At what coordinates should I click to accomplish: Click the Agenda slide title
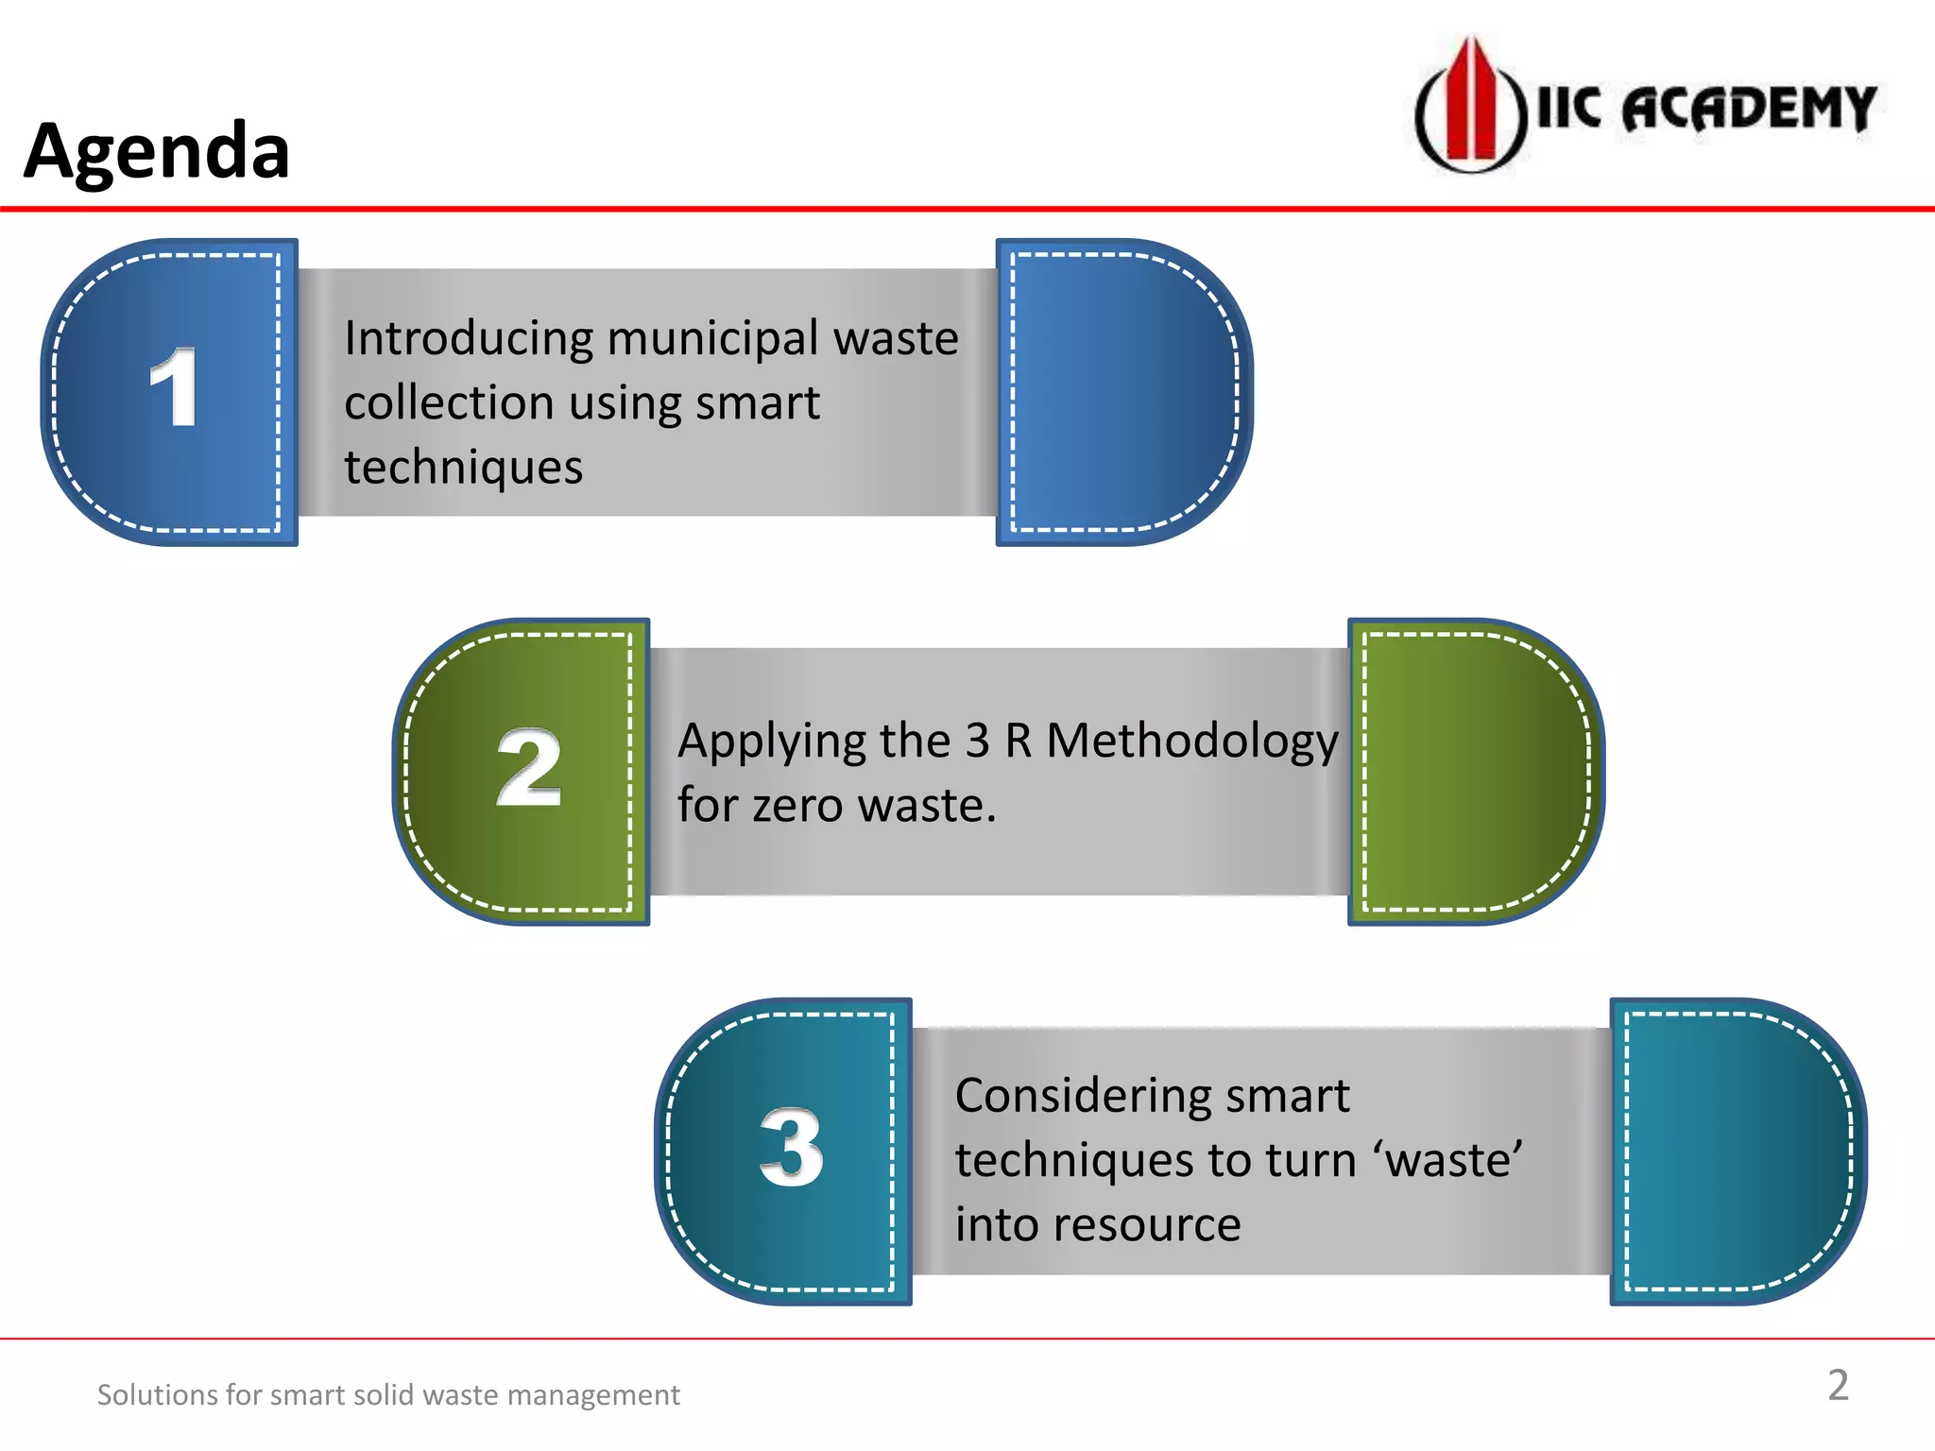click(157, 151)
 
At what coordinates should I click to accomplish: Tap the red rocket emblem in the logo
click(1470, 104)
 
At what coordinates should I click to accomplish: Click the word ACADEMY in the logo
click(1748, 109)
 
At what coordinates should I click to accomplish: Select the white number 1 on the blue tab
click(174, 387)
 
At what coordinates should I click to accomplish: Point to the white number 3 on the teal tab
click(792, 1147)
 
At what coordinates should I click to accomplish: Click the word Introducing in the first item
click(468, 338)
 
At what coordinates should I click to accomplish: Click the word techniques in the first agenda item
click(463, 468)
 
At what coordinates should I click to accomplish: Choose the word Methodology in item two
click(1192, 743)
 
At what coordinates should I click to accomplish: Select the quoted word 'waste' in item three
click(1453, 1161)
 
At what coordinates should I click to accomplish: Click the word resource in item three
click(1147, 1225)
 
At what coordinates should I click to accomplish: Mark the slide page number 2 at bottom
click(1838, 1386)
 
